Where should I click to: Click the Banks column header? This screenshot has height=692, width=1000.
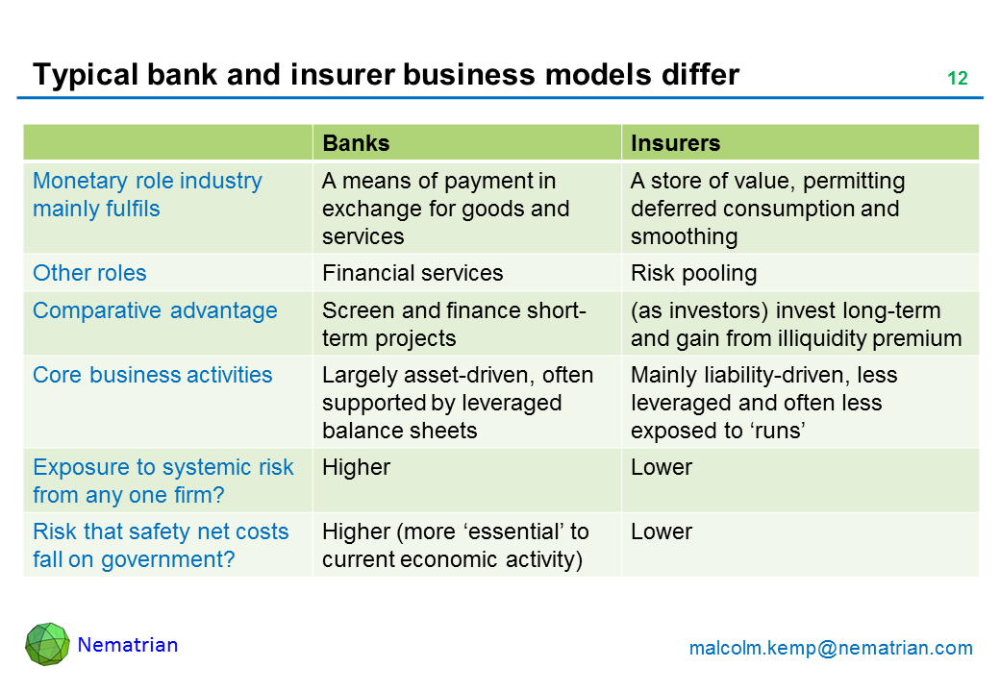click(356, 143)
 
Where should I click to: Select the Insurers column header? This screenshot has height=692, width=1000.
click(675, 143)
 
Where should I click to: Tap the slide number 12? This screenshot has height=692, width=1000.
click(958, 78)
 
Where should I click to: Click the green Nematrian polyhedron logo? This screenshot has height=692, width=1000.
click(47, 644)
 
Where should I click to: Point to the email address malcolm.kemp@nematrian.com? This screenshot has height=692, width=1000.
click(831, 648)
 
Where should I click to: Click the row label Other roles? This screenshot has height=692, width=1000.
click(89, 273)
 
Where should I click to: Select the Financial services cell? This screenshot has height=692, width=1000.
click(412, 273)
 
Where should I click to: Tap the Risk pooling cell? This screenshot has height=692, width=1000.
click(694, 273)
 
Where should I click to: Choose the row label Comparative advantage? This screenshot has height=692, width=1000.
click(155, 311)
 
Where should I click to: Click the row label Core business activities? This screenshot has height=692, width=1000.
click(153, 375)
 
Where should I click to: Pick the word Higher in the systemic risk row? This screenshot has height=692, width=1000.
click(356, 468)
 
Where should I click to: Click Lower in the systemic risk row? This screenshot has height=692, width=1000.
click(662, 467)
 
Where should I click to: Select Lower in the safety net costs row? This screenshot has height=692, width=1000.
click(662, 531)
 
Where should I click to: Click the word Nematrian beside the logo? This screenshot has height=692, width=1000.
click(128, 645)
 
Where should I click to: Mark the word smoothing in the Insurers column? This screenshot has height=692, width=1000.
click(685, 237)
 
